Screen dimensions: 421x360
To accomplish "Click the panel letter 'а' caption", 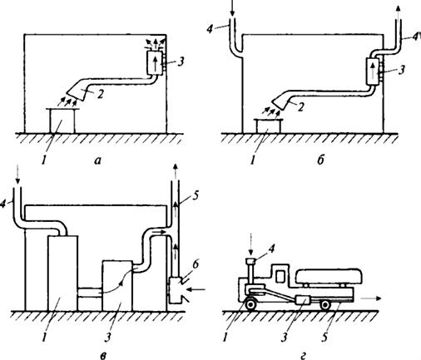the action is tap(97, 160).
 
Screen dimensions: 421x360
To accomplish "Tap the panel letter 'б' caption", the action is tap(320, 160).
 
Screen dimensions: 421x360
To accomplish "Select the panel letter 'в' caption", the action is tap(103, 354).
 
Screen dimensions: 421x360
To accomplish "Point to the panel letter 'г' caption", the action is tap(304, 354).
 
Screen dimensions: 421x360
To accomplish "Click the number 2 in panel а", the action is tap(100, 94).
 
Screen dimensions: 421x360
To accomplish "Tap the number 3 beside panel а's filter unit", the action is tap(181, 62).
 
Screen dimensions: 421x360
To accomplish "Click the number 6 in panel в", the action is tap(196, 264).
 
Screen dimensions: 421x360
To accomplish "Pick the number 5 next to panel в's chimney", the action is tap(195, 196).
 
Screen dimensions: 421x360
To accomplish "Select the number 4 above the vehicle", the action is tap(271, 249).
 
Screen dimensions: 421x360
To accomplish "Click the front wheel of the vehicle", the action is tap(250, 304).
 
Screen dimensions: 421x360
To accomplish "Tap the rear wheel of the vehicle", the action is tap(325, 305).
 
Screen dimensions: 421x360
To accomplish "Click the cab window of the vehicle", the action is tap(280, 276).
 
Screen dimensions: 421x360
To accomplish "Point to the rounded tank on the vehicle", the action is tap(329, 276).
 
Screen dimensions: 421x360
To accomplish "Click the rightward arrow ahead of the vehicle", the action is tap(372, 298).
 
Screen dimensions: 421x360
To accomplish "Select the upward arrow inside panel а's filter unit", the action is tap(156, 63).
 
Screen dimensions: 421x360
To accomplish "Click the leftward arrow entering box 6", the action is tap(196, 290).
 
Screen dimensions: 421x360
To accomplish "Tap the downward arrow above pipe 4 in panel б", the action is tap(232, 8).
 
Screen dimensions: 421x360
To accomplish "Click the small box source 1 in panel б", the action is tap(269, 126).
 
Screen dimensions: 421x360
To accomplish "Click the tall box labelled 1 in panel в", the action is tap(63, 273).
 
